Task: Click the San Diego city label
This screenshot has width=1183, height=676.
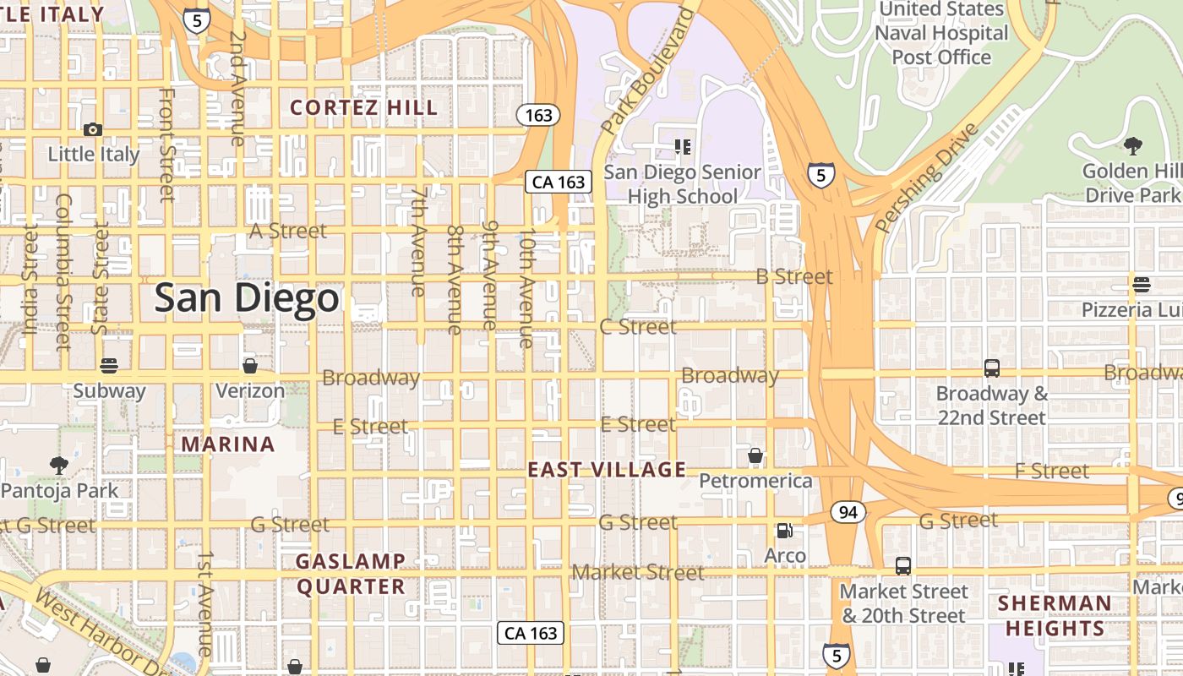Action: (247, 298)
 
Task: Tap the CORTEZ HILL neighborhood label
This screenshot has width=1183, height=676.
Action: (364, 108)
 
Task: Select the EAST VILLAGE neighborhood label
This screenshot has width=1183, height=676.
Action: (607, 470)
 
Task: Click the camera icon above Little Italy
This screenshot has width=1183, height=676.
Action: (93, 129)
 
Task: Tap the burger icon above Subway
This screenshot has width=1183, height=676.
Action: (108, 366)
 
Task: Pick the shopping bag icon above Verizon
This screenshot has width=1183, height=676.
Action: (249, 366)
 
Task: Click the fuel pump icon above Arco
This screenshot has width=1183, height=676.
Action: (784, 531)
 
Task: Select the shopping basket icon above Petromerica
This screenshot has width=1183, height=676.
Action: (755, 456)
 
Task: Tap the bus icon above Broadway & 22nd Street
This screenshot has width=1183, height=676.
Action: (992, 368)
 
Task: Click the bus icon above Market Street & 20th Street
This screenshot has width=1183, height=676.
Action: (903, 566)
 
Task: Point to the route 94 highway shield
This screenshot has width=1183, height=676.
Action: (848, 511)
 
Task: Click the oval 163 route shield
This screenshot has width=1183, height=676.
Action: (538, 115)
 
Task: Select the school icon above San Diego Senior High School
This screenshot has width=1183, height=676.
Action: (683, 148)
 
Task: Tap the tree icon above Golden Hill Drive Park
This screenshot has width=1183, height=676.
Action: (1132, 146)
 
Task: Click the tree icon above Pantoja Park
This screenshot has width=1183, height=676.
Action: (58, 465)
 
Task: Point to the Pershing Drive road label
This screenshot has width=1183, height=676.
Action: (926, 178)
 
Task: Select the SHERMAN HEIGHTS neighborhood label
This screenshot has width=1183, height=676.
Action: (1055, 616)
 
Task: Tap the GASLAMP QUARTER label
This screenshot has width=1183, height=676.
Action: (351, 574)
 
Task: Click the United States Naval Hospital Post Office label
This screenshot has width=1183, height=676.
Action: (941, 33)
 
